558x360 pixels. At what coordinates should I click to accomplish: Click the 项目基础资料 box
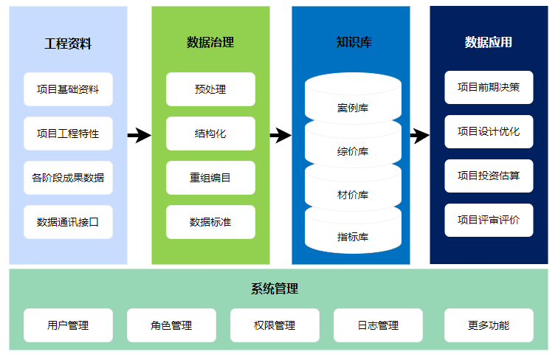pyautogui.click(x=68, y=89)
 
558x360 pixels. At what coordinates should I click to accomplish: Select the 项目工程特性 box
pyautogui.click(x=68, y=134)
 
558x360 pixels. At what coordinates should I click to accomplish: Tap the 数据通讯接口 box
pyautogui.click(x=68, y=222)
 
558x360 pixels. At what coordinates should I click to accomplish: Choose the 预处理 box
pyautogui.click(x=210, y=89)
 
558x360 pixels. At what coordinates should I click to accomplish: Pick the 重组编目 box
pyautogui.click(x=210, y=178)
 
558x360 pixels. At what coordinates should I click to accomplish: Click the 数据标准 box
pyautogui.click(x=210, y=222)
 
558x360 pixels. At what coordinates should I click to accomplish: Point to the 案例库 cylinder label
pyautogui.click(x=353, y=108)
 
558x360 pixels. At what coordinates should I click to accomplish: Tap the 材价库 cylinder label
pyautogui.click(x=353, y=195)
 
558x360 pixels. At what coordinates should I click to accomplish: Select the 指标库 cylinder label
pyautogui.click(x=353, y=237)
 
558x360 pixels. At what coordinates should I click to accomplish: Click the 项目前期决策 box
pyautogui.click(x=489, y=88)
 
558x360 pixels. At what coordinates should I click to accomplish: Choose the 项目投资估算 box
pyautogui.click(x=489, y=176)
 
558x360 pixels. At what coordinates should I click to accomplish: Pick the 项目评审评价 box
pyautogui.click(x=489, y=220)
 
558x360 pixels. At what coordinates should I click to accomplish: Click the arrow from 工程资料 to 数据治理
pyautogui.click(x=139, y=135)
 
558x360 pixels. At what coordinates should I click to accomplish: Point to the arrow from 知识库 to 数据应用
pyautogui.click(x=420, y=135)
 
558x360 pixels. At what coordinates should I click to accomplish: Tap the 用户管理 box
pyautogui.click(x=68, y=325)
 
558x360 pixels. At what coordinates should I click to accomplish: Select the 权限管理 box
pyautogui.click(x=275, y=325)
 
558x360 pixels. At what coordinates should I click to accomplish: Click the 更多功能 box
pyautogui.click(x=489, y=325)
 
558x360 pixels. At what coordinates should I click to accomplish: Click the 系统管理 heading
pyautogui.click(x=275, y=289)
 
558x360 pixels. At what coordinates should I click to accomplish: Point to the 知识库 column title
pyautogui.click(x=354, y=42)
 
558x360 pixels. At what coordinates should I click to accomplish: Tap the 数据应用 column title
pyautogui.click(x=489, y=42)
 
